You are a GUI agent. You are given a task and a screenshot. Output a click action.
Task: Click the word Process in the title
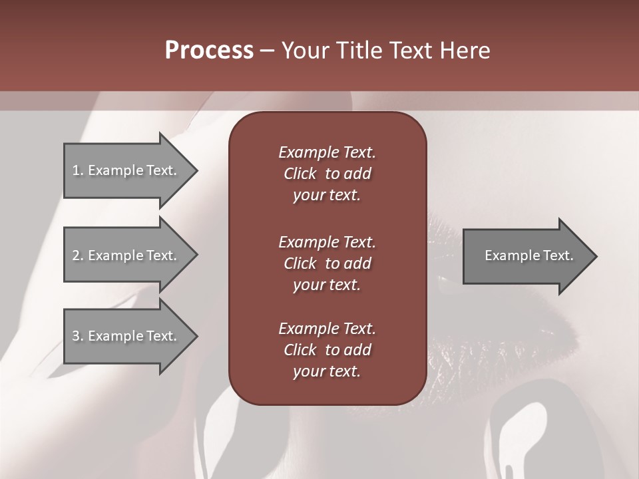coord(209,51)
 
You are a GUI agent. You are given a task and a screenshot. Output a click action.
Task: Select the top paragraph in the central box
coord(327,174)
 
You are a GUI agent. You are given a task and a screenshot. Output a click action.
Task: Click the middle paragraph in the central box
coord(327,263)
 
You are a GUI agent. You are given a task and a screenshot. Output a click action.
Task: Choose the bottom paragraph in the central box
coord(327,350)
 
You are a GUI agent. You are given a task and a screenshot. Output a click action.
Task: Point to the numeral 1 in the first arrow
coord(75,170)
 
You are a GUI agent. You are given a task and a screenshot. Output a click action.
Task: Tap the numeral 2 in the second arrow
coord(75,255)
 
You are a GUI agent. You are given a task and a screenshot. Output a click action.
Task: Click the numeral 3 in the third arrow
coord(75,336)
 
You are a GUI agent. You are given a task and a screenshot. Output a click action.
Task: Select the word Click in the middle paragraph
coord(300,263)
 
